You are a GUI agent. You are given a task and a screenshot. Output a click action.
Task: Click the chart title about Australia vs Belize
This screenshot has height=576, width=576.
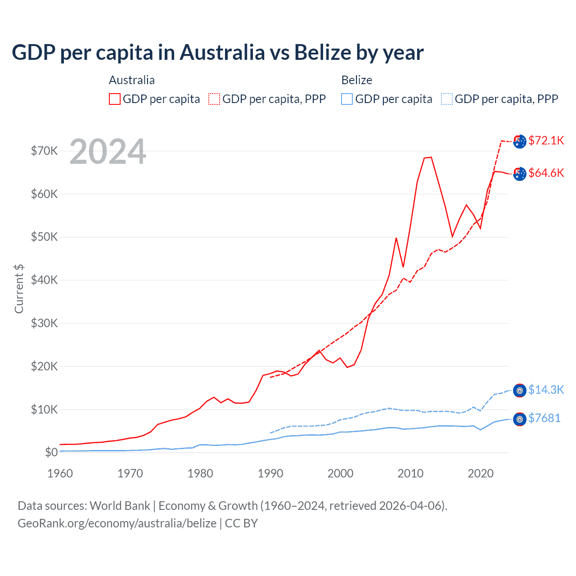point(217,53)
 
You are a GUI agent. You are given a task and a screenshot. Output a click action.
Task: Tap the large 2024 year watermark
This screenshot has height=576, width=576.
point(108,152)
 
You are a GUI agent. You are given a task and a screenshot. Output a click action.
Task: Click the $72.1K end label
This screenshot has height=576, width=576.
point(546,140)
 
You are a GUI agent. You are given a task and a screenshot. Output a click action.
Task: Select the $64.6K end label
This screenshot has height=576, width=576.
point(546,173)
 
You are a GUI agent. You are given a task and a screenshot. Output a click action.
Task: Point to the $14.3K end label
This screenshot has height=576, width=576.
point(546,390)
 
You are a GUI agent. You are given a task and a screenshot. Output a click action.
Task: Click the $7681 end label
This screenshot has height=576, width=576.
point(544,418)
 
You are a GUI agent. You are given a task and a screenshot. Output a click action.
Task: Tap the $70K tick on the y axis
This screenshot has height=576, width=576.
point(45,151)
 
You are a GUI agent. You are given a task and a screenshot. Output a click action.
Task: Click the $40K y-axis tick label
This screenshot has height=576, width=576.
point(45,280)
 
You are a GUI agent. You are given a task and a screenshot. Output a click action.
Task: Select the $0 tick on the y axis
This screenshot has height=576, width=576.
point(51,452)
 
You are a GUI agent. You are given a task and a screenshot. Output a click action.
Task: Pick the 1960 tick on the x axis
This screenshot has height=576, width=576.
point(60,473)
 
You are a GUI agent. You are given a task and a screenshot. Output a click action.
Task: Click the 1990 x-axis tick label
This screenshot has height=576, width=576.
point(270,473)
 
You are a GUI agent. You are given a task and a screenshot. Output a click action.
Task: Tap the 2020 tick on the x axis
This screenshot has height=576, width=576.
point(481,473)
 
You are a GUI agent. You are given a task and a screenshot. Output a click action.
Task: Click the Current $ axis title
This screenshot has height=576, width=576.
point(19,288)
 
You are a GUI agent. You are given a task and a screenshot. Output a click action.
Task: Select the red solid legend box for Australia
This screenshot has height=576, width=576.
point(115,99)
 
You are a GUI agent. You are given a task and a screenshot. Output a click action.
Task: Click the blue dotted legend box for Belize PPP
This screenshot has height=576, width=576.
point(447,99)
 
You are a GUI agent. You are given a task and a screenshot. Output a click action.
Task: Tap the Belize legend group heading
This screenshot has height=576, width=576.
point(357,80)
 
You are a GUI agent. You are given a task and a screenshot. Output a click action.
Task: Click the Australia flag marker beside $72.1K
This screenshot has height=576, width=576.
point(520,141)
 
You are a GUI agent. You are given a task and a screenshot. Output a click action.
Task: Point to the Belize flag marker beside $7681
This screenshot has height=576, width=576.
point(520,419)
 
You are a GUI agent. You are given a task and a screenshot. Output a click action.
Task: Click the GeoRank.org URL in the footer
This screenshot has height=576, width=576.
point(117,523)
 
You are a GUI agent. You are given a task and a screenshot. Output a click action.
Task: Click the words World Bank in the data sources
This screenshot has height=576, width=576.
point(120,506)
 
